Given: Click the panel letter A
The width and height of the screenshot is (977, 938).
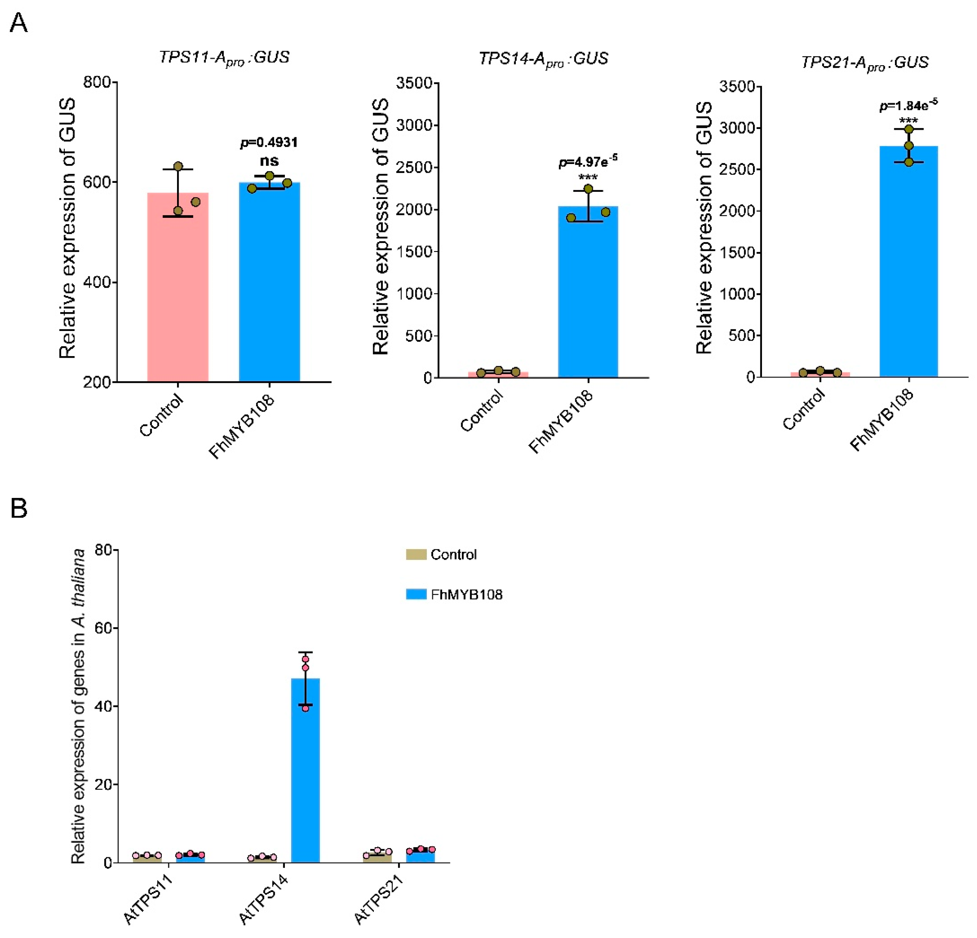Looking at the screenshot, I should click(x=19, y=22).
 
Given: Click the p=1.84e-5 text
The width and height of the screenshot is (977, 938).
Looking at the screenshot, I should click(x=908, y=105).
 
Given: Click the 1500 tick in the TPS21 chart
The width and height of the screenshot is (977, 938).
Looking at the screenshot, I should click(x=737, y=253).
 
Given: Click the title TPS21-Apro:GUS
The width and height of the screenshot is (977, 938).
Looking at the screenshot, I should click(x=865, y=62).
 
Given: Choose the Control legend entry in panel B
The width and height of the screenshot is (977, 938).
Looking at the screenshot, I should click(x=453, y=554).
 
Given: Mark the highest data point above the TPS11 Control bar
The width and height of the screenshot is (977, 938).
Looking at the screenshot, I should click(x=178, y=166).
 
